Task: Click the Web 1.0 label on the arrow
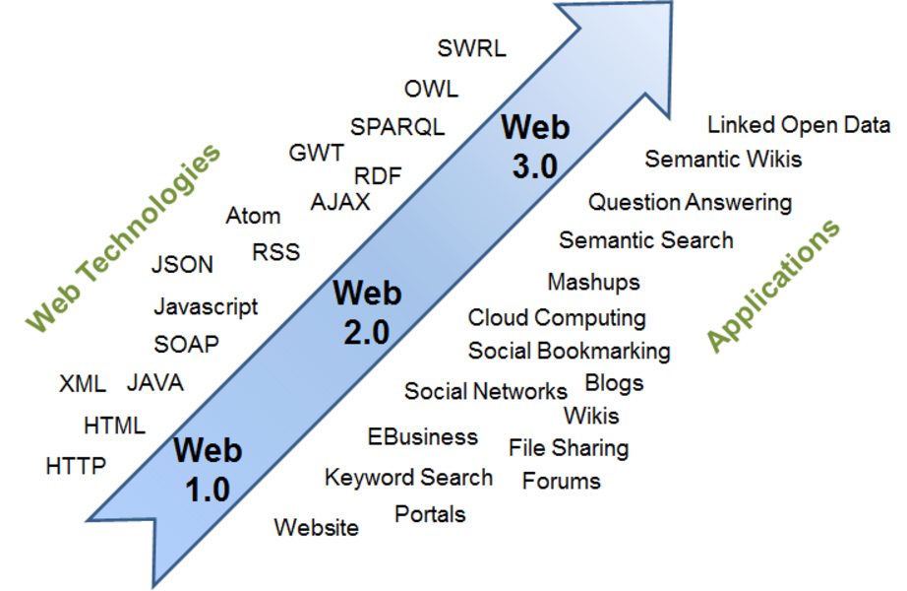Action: (207, 469)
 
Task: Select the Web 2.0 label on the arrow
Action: (367, 311)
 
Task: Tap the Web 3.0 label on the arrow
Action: (535, 146)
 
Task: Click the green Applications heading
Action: (774, 285)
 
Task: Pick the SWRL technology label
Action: (471, 48)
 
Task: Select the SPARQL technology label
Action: (397, 127)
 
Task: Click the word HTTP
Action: (76, 466)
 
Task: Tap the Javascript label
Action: (206, 306)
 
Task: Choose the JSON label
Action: (182, 264)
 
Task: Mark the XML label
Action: (83, 383)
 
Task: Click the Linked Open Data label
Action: (799, 126)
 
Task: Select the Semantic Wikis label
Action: (723, 159)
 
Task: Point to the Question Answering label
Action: (690, 203)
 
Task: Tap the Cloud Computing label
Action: (557, 318)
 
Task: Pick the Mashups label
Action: (593, 283)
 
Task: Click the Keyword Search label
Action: (408, 478)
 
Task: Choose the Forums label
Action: (561, 482)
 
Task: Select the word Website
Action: (316, 527)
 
